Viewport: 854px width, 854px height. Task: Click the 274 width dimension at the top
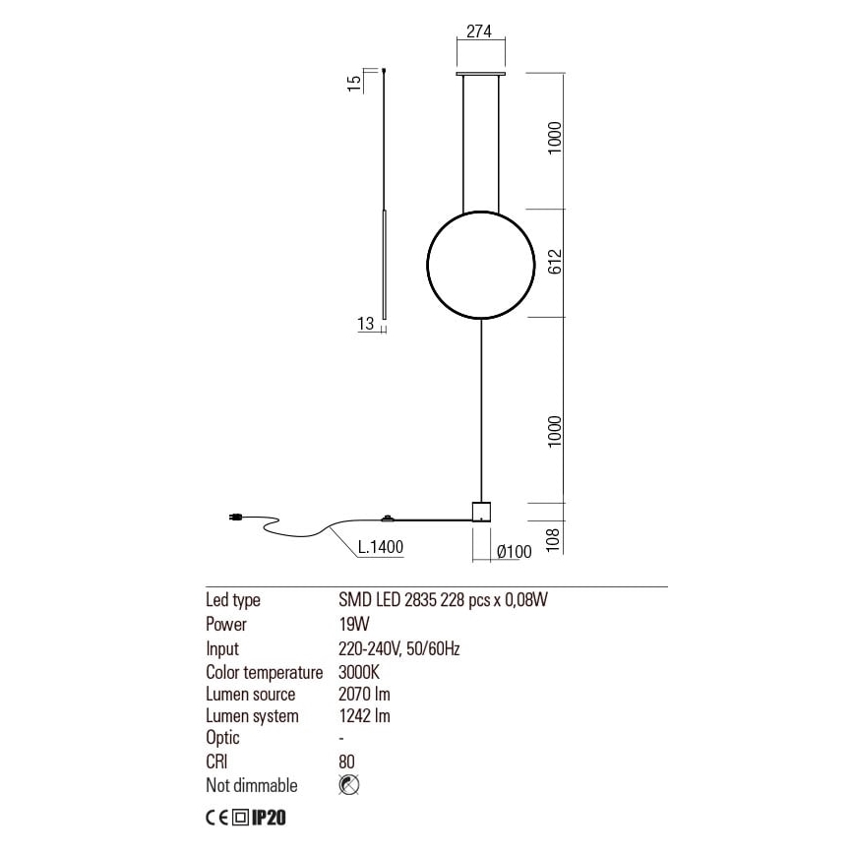(x=480, y=30)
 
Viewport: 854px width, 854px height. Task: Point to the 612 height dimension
(x=555, y=263)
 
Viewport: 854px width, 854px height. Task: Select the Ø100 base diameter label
(x=514, y=552)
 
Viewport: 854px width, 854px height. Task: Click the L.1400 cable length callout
(x=381, y=548)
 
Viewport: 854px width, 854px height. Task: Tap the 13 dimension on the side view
(x=365, y=325)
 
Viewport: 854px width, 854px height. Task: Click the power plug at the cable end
(x=236, y=518)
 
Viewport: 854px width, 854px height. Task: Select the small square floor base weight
(x=481, y=512)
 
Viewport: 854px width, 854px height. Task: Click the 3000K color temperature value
(x=358, y=672)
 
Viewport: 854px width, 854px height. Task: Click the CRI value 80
(x=345, y=762)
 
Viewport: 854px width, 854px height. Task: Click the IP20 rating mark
(x=269, y=817)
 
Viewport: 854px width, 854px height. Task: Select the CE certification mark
(x=216, y=817)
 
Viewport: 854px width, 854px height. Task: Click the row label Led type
(x=232, y=600)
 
